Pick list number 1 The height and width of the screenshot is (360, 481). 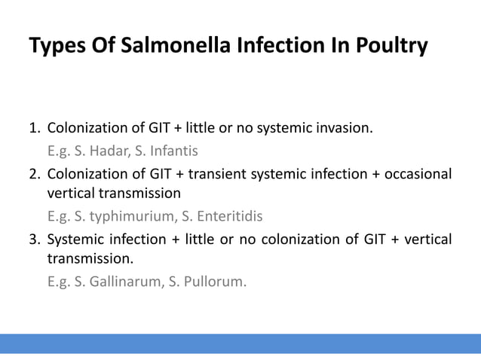click(x=34, y=127)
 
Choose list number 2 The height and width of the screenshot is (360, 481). click(x=34, y=175)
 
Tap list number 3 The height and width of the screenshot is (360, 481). click(x=34, y=240)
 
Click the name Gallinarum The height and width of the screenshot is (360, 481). click(x=120, y=283)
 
